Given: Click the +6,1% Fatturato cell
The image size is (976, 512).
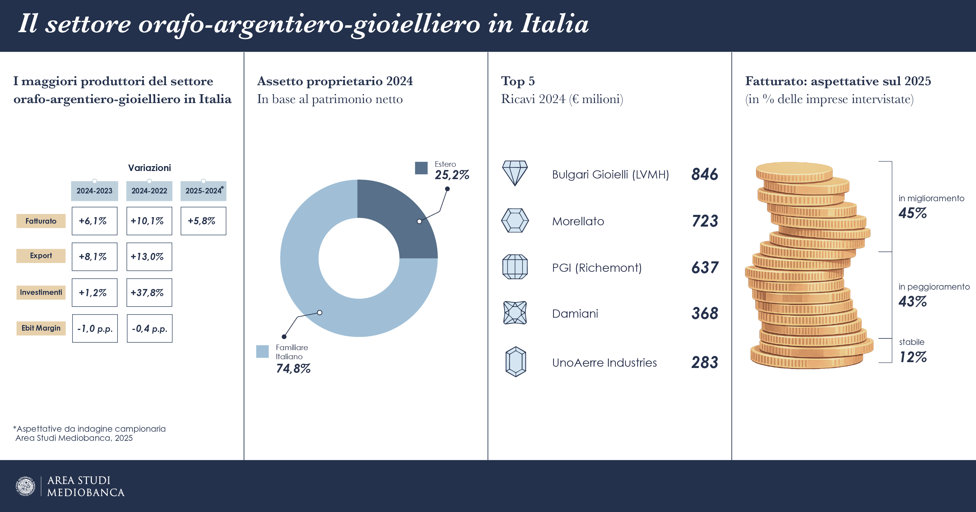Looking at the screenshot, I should [x=94, y=221].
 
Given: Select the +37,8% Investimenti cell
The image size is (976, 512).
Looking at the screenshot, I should [x=149, y=292].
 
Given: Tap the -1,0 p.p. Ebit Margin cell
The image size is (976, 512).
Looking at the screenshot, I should [x=95, y=328].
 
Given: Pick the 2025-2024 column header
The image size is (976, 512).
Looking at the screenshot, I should [x=203, y=191].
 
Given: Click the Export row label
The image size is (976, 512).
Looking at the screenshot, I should [x=41, y=256].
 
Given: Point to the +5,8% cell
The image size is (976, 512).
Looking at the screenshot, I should [x=203, y=221].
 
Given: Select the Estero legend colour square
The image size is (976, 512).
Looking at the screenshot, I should [x=421, y=168].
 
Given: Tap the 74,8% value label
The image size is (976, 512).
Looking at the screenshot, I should [x=293, y=368].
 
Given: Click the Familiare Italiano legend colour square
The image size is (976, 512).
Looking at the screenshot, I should [x=262, y=351].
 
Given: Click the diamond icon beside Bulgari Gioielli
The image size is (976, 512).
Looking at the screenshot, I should [x=515, y=173].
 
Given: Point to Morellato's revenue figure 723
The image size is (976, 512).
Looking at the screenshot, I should [x=705, y=221].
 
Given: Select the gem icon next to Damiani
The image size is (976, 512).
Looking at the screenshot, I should [x=515, y=312].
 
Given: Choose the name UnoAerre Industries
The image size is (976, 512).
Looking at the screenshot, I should [x=604, y=362].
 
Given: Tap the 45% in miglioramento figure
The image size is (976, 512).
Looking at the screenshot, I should [x=912, y=213].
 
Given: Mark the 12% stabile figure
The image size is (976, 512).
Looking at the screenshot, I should [x=913, y=357].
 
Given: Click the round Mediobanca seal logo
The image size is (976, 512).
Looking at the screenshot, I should [x=25, y=486].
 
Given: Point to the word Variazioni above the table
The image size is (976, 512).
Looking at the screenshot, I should [x=149, y=168].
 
